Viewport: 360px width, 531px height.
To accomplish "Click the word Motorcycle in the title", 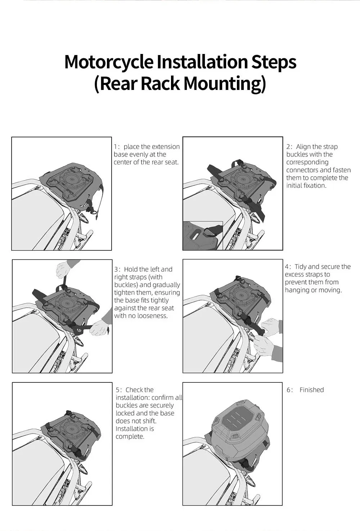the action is click(x=109, y=62).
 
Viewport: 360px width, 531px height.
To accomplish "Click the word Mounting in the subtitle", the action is click(x=225, y=84).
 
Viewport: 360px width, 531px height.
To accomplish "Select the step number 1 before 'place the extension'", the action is click(x=116, y=147).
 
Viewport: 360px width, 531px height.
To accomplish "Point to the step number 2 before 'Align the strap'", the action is click(x=288, y=147).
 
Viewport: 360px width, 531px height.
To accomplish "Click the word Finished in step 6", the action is click(x=312, y=390).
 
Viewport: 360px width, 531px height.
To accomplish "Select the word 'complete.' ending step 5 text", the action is click(x=130, y=437).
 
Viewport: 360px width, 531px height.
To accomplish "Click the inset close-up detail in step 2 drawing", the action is click(x=203, y=235).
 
